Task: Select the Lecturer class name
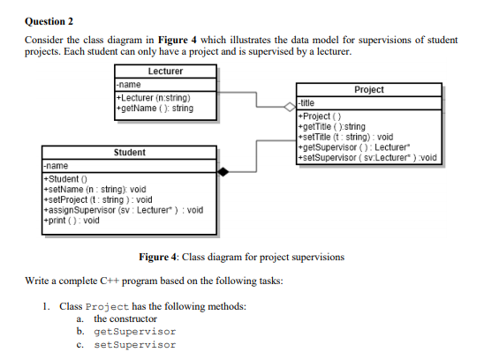[165, 70]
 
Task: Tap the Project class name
[367, 90]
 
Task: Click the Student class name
[129, 153]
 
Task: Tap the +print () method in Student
[72, 221]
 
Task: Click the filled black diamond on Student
[225, 171]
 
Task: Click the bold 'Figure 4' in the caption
[161, 257]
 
